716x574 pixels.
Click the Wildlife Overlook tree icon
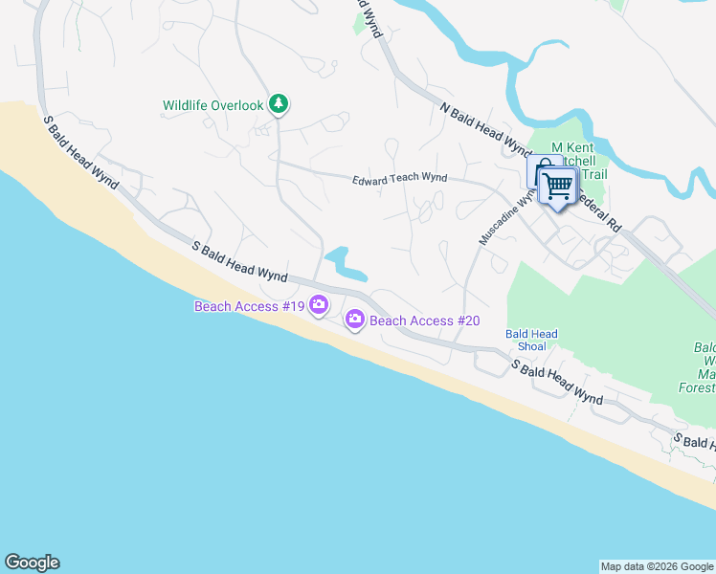(x=279, y=103)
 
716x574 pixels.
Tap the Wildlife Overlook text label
(x=213, y=105)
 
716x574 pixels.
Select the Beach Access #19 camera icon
(x=319, y=306)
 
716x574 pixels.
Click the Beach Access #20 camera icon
(x=354, y=319)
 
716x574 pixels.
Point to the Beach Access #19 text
(x=249, y=306)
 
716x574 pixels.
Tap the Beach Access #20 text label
(x=424, y=320)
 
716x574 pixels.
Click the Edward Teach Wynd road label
(x=399, y=179)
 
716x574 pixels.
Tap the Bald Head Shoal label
(x=531, y=340)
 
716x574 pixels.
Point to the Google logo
(x=32, y=563)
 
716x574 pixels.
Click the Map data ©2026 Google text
(x=657, y=566)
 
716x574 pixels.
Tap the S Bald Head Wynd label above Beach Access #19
(x=239, y=261)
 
